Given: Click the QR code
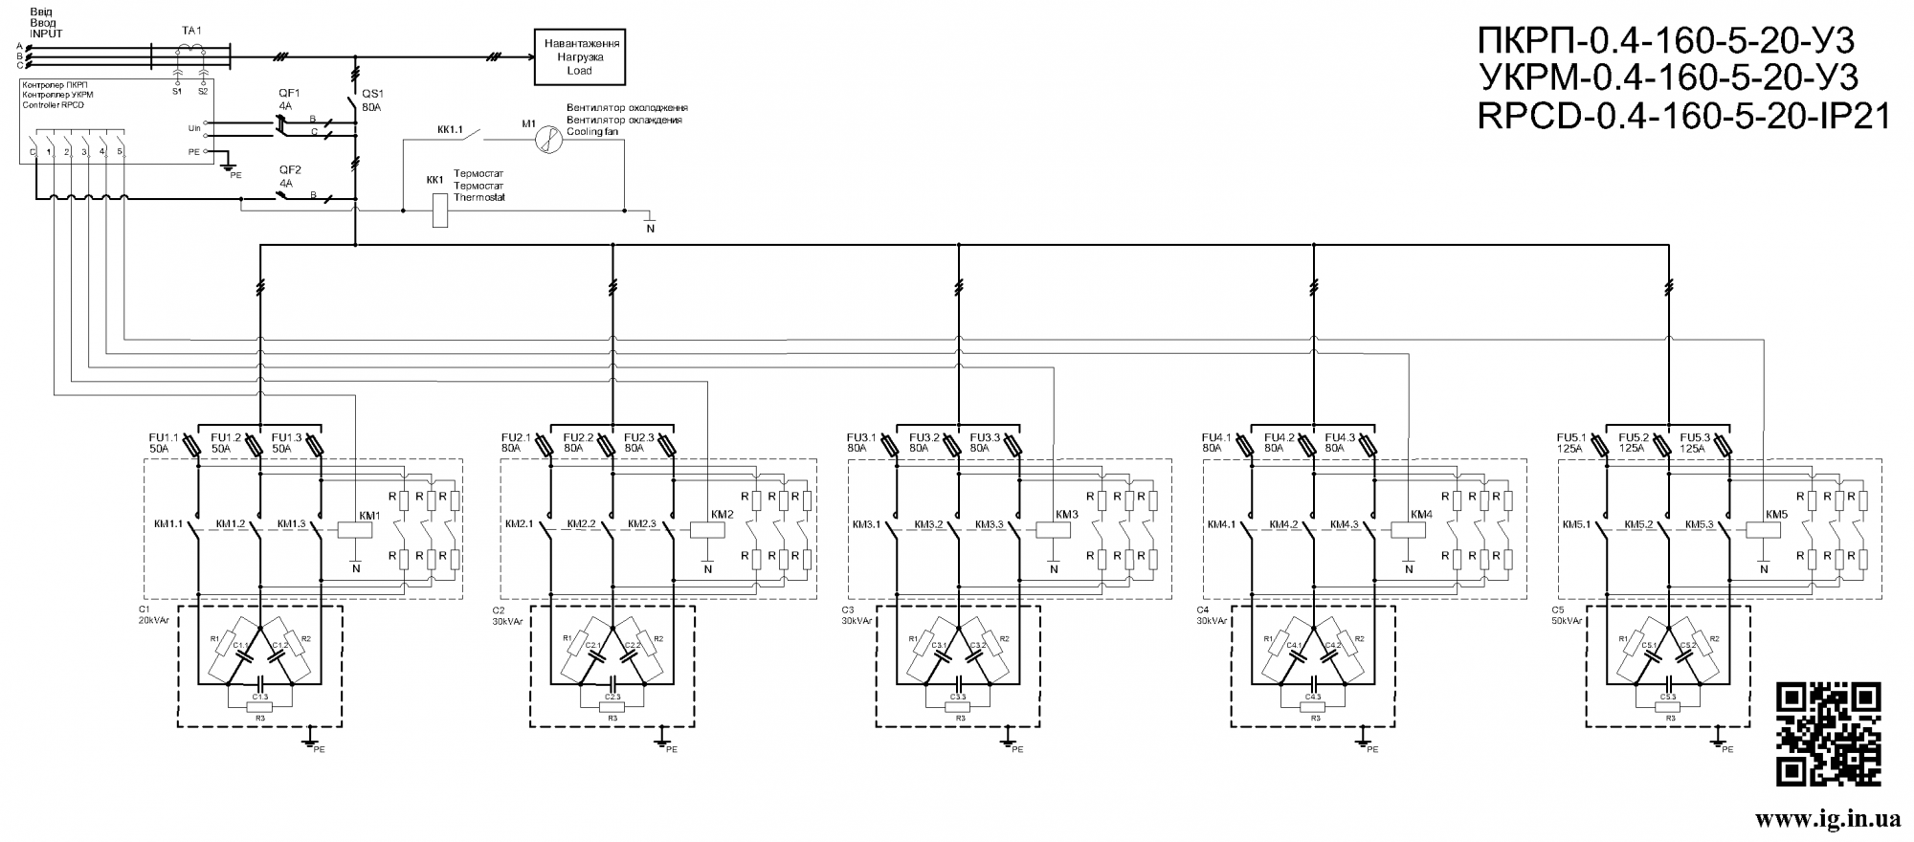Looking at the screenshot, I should point(1829,734).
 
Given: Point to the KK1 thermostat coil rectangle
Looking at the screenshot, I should point(440,210).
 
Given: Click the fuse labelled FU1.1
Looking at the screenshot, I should point(190,446).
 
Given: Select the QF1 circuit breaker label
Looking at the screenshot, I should point(289,93).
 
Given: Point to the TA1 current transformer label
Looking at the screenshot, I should point(191,31).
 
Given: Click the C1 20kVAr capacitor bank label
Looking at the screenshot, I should point(154,614).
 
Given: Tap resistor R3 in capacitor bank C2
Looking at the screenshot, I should point(609,707).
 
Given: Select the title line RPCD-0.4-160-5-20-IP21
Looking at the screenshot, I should point(1684,118).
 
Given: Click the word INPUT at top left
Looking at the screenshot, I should point(46,33).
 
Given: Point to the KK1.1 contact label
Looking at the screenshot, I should point(450,128).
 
